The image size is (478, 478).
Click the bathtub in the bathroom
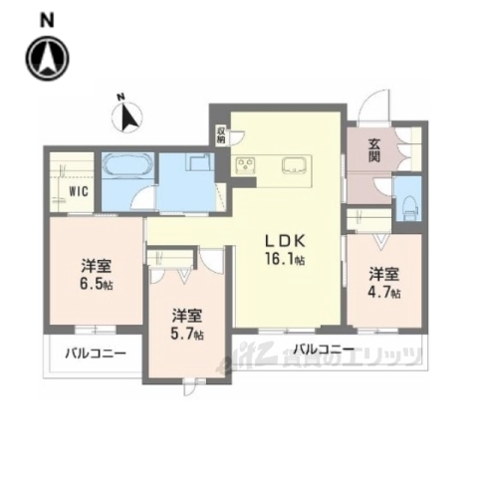pos(126,166)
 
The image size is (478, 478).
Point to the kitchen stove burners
pos(246,165)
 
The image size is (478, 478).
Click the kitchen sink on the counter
pos(296,165)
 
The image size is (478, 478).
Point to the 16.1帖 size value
pos(285,261)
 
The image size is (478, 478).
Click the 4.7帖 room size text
pos(383,293)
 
